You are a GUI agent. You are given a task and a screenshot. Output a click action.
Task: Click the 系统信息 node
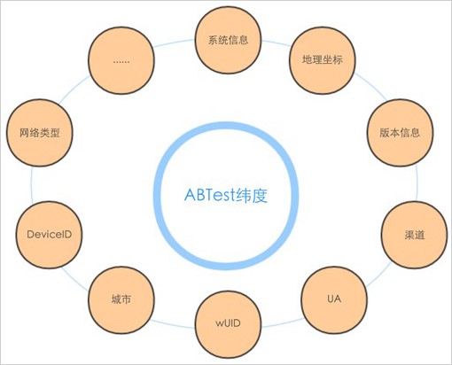pos(228,40)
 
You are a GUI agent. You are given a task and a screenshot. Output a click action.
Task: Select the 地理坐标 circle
pos(323,60)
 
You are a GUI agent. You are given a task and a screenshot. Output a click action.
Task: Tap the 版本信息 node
pos(400,133)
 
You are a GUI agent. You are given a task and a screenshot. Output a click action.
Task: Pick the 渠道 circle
pos(414,235)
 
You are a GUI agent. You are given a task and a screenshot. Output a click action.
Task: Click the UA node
pos(334,299)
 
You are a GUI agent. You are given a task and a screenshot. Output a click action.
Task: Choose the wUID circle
pos(228,323)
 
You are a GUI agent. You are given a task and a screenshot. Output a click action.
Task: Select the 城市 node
pos(121,299)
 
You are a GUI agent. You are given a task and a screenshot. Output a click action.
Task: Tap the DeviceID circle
pos(49,235)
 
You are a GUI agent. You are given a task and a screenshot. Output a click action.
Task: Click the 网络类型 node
pos(40,133)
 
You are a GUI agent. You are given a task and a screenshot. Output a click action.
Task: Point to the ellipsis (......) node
pos(121,61)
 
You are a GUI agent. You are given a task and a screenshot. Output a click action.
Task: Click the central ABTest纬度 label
pos(226,195)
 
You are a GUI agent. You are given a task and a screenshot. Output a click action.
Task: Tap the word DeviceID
pos(49,235)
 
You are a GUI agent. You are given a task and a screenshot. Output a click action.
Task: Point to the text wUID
pos(228,323)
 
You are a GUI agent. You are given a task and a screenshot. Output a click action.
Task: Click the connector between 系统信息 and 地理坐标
pos(277,43)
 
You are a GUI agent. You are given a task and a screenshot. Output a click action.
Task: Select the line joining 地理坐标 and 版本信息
pos(371,87)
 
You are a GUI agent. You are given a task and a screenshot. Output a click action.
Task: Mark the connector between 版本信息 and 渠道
pos(417,183)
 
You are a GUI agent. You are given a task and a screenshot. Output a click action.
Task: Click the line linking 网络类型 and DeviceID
pos(31,184)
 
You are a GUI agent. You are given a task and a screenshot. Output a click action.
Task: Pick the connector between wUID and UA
pos(283,323)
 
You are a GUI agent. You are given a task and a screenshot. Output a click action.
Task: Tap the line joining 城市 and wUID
pos(172,324)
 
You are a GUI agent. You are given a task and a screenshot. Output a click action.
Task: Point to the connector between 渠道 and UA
pos(379,275)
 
